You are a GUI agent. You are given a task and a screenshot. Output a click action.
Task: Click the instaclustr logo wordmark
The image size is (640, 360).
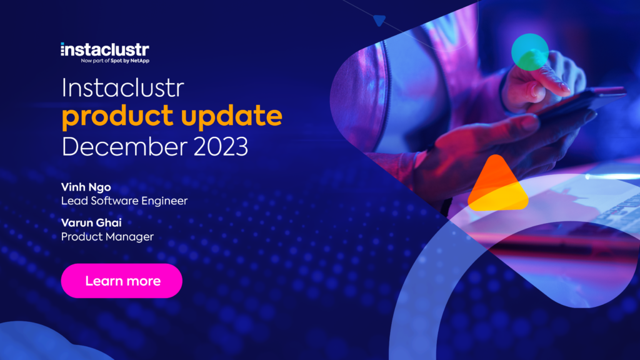coord(104,49)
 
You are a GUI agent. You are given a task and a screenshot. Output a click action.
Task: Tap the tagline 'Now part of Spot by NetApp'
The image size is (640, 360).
coord(115,61)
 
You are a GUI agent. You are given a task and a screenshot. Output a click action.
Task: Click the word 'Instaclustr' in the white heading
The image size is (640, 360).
coord(123,89)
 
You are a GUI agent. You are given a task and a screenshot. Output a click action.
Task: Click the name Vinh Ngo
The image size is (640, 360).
coord(85,187)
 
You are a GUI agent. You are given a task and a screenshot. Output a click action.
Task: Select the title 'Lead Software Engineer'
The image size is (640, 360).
coord(124,201)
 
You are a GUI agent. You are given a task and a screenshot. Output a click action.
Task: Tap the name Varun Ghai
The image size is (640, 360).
coord(91,223)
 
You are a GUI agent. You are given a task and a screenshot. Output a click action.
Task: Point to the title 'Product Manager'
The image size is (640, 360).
coord(107,236)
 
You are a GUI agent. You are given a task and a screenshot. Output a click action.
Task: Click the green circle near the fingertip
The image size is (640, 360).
coord(529,51)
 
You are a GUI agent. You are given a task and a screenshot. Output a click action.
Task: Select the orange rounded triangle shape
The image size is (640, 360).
coord(497,186)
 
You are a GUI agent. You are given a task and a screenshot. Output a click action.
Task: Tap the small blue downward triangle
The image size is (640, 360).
coord(378,21)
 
